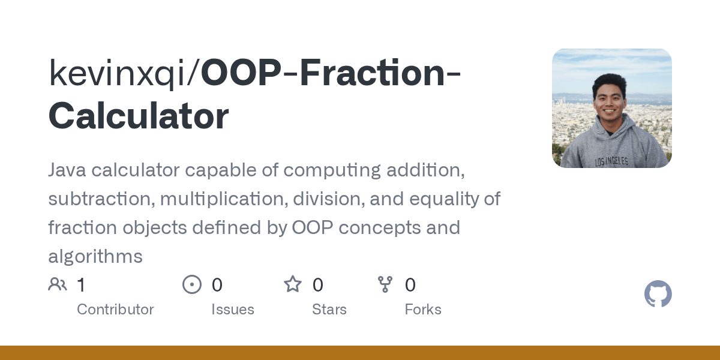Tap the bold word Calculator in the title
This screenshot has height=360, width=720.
[139, 116]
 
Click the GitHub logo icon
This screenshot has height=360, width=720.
[658, 295]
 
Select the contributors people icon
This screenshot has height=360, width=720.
[58, 284]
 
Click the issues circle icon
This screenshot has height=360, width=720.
[192, 284]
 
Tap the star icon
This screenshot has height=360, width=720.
[293, 284]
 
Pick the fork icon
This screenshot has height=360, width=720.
[385, 284]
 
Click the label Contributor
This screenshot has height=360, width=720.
[115, 310]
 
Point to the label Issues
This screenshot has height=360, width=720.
[233, 310]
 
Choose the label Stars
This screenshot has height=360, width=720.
[329, 310]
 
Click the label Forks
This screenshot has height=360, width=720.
[423, 310]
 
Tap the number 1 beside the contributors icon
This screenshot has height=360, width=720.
[81, 285]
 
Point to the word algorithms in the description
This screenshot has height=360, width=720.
[95, 257]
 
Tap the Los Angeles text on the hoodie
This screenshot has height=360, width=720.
[611, 161]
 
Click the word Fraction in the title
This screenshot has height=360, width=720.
[372, 73]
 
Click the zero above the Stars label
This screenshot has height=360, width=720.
[318, 285]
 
